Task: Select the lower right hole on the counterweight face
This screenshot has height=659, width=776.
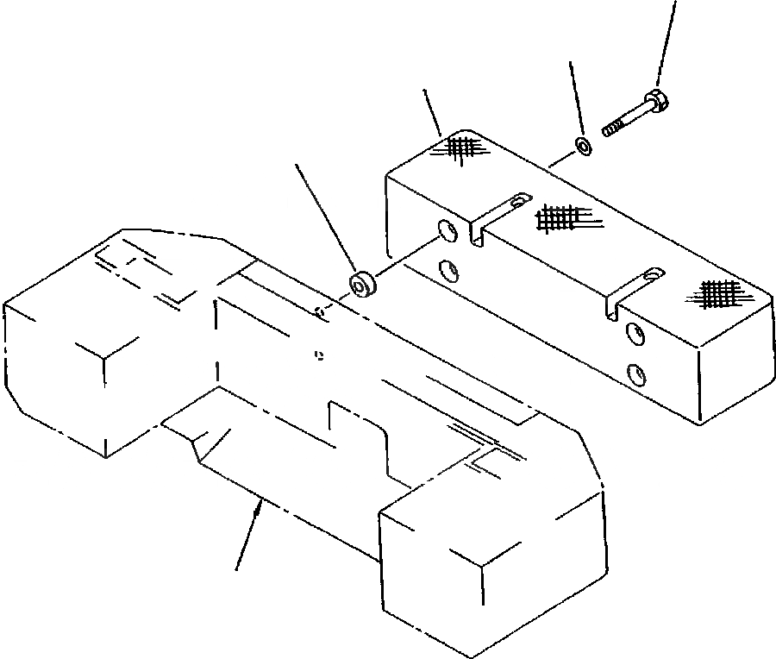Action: [635, 373]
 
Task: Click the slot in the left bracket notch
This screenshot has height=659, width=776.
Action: [517, 201]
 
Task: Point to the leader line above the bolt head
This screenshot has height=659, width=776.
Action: [667, 43]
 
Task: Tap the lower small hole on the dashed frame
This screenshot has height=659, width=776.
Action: [319, 353]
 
